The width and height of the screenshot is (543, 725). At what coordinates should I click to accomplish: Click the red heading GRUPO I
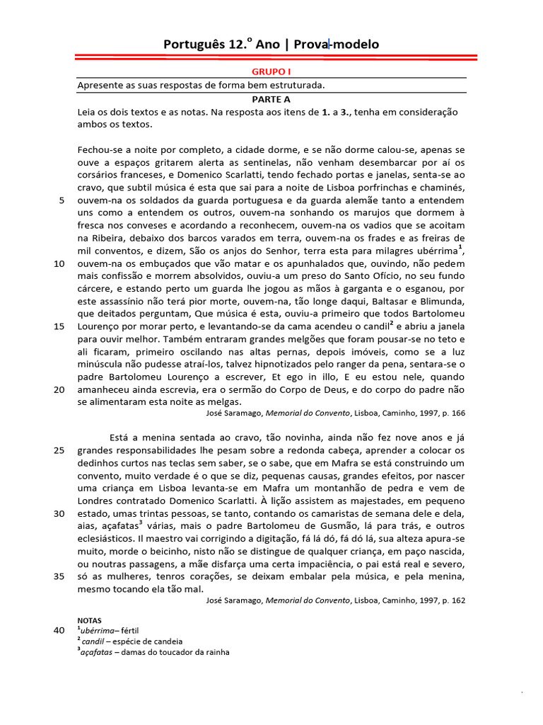click(271, 72)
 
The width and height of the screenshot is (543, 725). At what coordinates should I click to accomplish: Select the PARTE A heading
click(271, 99)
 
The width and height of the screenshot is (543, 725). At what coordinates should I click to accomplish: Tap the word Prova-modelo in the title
click(343, 45)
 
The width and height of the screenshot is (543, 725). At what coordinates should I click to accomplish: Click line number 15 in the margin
click(59, 326)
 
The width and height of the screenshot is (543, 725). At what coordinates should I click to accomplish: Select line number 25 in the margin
click(59, 450)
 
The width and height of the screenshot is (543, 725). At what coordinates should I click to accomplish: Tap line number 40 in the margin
click(59, 629)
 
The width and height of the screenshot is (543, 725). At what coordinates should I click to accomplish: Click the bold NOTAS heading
click(90, 618)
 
